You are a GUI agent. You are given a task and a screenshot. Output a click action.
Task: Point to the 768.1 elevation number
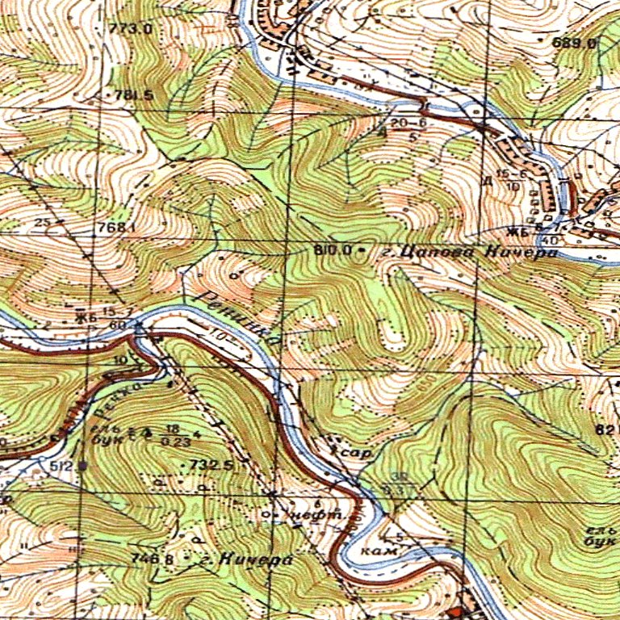click(115, 228)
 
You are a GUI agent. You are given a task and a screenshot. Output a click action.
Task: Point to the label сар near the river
click(354, 454)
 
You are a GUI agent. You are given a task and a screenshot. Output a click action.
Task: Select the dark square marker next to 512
click(82, 465)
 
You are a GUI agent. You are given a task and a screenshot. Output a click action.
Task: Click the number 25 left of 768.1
click(43, 222)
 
